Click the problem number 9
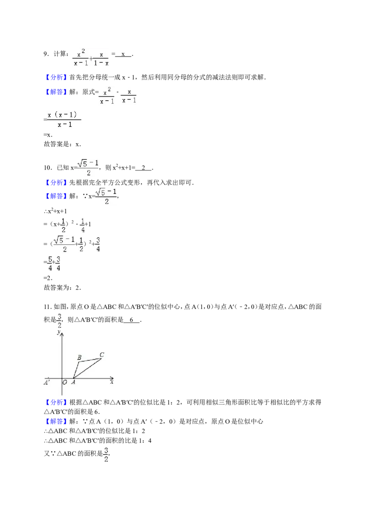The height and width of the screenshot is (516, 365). pyautogui.click(x=47, y=54)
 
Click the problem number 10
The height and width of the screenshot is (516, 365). pyautogui.click(x=48, y=167)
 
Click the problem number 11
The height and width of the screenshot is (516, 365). pyautogui.click(x=48, y=307)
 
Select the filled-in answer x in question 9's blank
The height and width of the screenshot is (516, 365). pyautogui.click(x=123, y=54)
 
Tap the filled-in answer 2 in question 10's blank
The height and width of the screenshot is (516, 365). pyautogui.click(x=143, y=167)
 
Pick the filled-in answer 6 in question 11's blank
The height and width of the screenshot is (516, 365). pyautogui.click(x=131, y=320)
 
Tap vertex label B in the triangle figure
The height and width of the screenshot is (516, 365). pyautogui.click(x=79, y=357)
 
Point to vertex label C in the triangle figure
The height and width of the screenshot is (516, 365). pyautogui.click(x=102, y=355)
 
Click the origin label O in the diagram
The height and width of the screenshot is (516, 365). pyautogui.click(x=65, y=382)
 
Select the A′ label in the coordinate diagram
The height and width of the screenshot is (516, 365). pyautogui.click(x=47, y=382)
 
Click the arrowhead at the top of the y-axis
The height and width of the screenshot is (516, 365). pyautogui.click(x=62, y=334)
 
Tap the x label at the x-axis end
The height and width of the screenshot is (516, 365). pyautogui.click(x=112, y=382)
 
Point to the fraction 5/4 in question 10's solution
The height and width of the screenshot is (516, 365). pyautogui.click(x=50, y=263)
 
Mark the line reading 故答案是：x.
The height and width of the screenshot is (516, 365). pyautogui.click(x=62, y=144)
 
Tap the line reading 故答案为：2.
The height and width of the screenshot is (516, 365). pyautogui.click(x=62, y=288)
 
